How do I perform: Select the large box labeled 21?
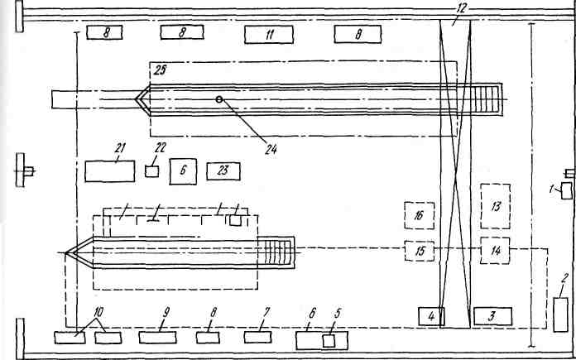click(x=109, y=171)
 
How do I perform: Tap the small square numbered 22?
click(x=151, y=170)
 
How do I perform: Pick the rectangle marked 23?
click(x=223, y=171)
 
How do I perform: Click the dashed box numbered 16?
click(x=419, y=216)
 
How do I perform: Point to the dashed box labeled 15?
click(x=419, y=249)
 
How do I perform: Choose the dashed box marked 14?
click(x=496, y=249)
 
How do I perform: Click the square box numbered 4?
click(x=431, y=316)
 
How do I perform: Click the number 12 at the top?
click(x=460, y=7)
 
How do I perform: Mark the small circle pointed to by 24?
click(x=218, y=99)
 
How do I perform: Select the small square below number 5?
click(x=329, y=341)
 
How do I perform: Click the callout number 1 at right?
click(x=553, y=189)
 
